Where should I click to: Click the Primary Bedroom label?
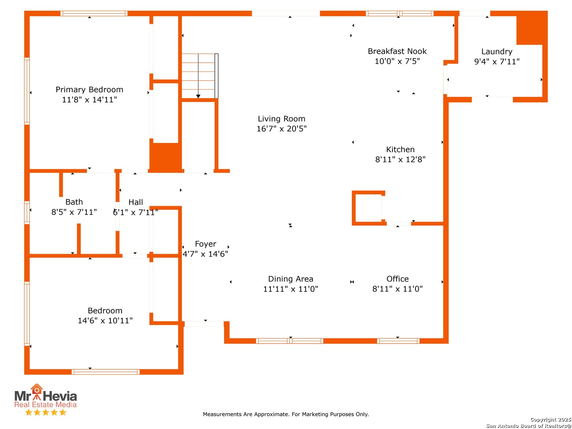[x=89, y=89]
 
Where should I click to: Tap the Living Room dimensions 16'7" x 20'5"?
[x=281, y=128]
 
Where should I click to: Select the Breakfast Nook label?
[x=397, y=51]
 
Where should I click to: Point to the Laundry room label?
[x=497, y=52]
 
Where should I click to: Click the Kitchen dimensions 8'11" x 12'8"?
[x=400, y=159]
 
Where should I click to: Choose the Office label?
[x=397, y=279]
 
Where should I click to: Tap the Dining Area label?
[x=290, y=279]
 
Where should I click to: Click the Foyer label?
[x=205, y=244]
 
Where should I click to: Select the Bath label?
[x=74, y=202]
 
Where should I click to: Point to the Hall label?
[x=135, y=202]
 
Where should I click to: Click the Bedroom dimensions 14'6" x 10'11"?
[x=105, y=321]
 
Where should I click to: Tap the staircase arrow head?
[x=198, y=97]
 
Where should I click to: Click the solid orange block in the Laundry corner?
[x=531, y=28]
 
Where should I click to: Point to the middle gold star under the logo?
[x=46, y=412]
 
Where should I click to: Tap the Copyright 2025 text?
[x=551, y=419]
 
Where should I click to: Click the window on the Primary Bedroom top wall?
[x=94, y=14]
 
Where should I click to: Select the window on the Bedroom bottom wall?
[x=105, y=372]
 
